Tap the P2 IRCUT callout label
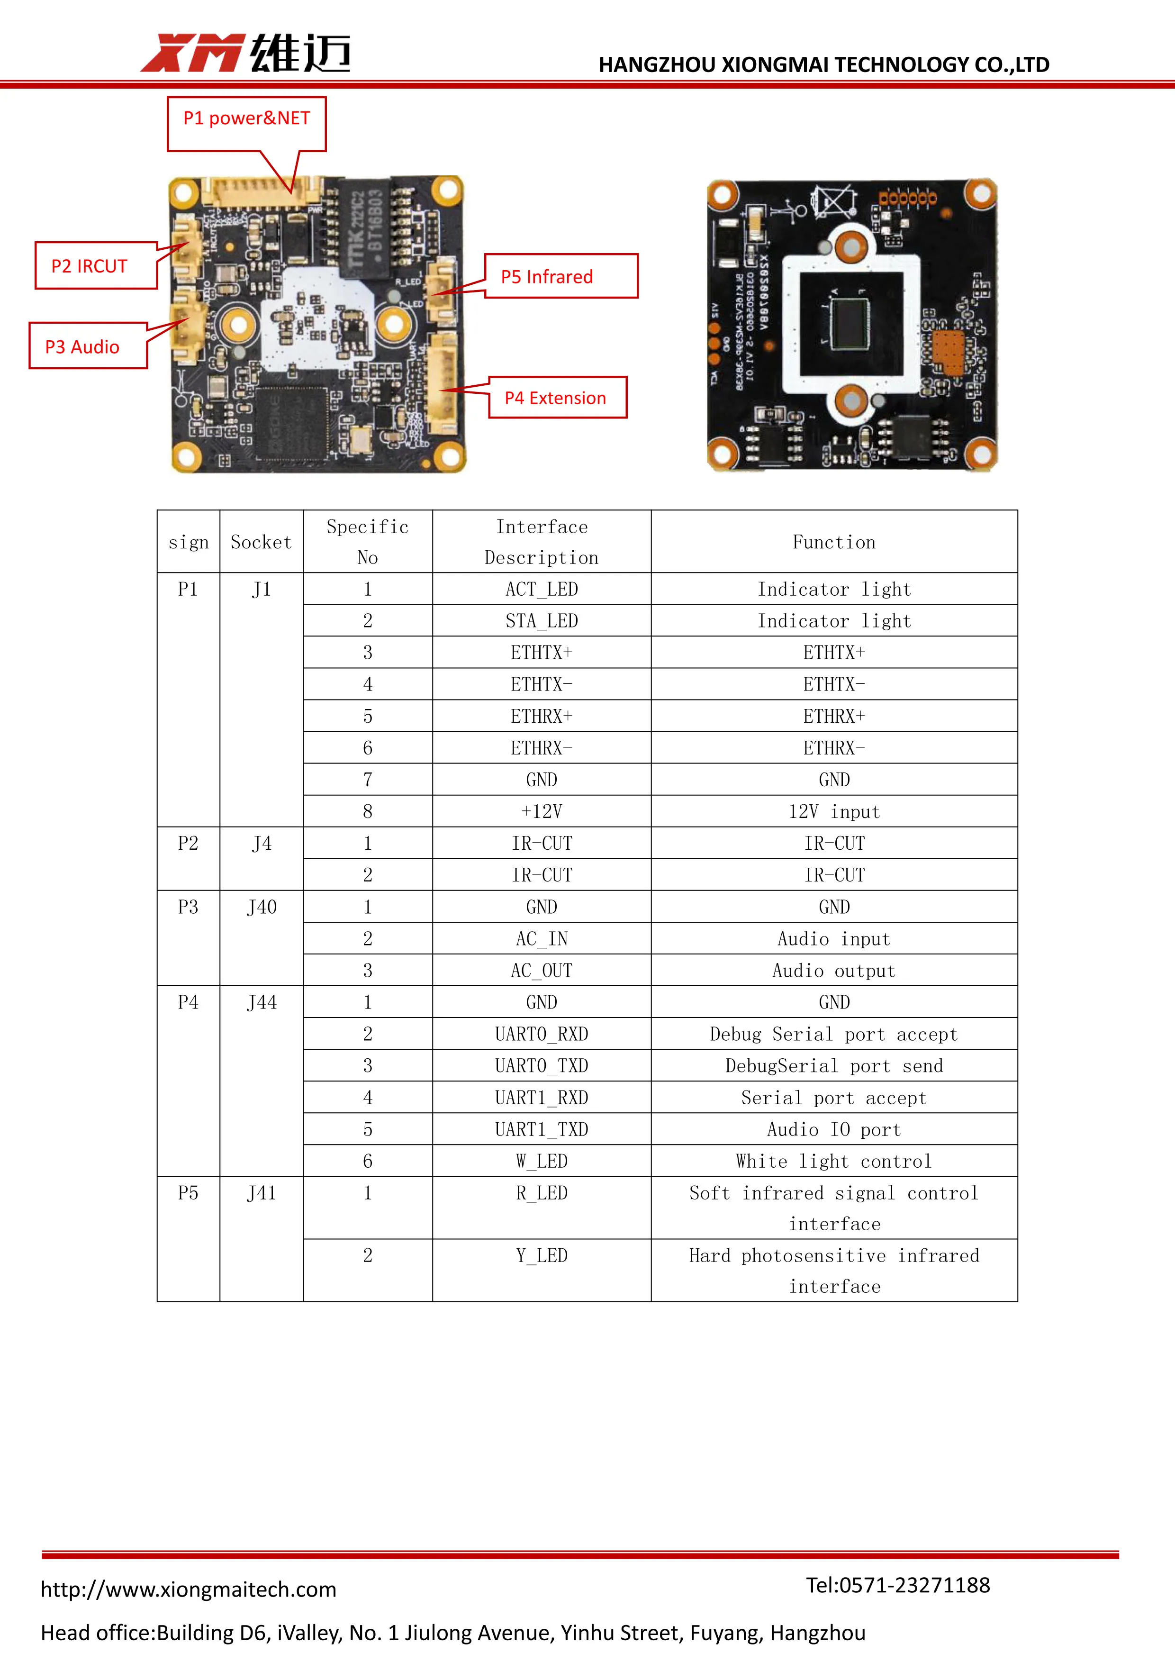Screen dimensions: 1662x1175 pyautogui.click(x=90, y=266)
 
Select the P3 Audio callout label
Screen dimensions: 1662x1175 pyautogui.click(x=82, y=347)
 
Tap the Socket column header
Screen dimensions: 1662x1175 pyautogui.click(x=261, y=542)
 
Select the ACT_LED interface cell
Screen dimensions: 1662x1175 pyautogui.click(x=541, y=589)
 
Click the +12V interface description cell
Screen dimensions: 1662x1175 pyautogui.click(x=541, y=811)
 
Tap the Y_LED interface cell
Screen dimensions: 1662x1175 pyautogui.click(x=541, y=1255)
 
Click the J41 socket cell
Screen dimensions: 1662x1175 pyautogui.click(x=261, y=1193)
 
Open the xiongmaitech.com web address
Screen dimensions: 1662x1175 pyautogui.click(x=189, y=1589)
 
